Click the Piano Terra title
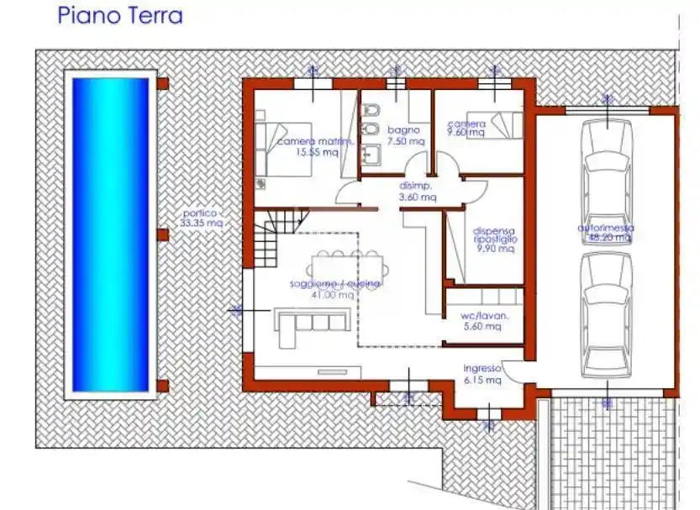tap(120, 15)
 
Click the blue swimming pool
tap(110, 235)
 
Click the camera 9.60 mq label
tap(466, 128)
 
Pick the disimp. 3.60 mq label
tap(417, 192)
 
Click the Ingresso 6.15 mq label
tap(482, 374)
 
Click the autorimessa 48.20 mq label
tap(606, 233)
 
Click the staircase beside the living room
tap(275, 237)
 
